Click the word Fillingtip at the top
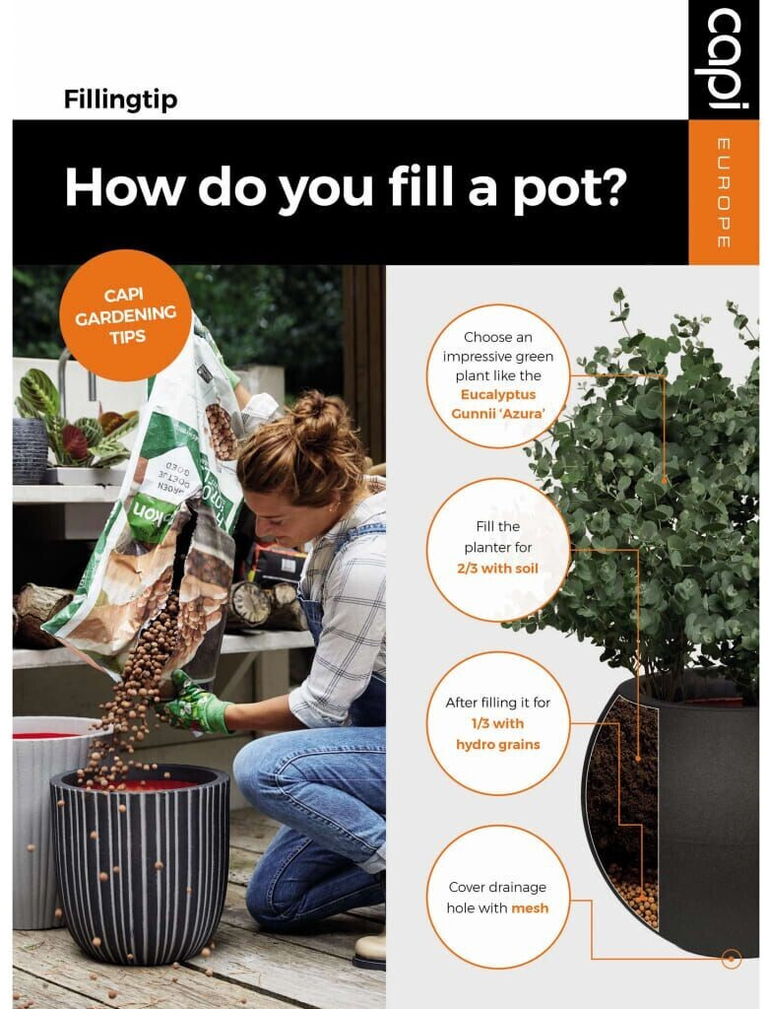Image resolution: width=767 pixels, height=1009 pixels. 120,100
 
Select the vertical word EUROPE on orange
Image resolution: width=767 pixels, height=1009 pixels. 723,192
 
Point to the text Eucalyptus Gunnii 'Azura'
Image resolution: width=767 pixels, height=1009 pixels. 497,404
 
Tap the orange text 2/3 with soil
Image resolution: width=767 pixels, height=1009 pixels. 497,569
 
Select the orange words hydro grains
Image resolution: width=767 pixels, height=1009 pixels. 497,745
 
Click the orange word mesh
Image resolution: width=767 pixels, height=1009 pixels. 530,908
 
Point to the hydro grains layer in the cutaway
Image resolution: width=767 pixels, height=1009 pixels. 634,895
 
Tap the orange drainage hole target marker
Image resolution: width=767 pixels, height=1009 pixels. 731,960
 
